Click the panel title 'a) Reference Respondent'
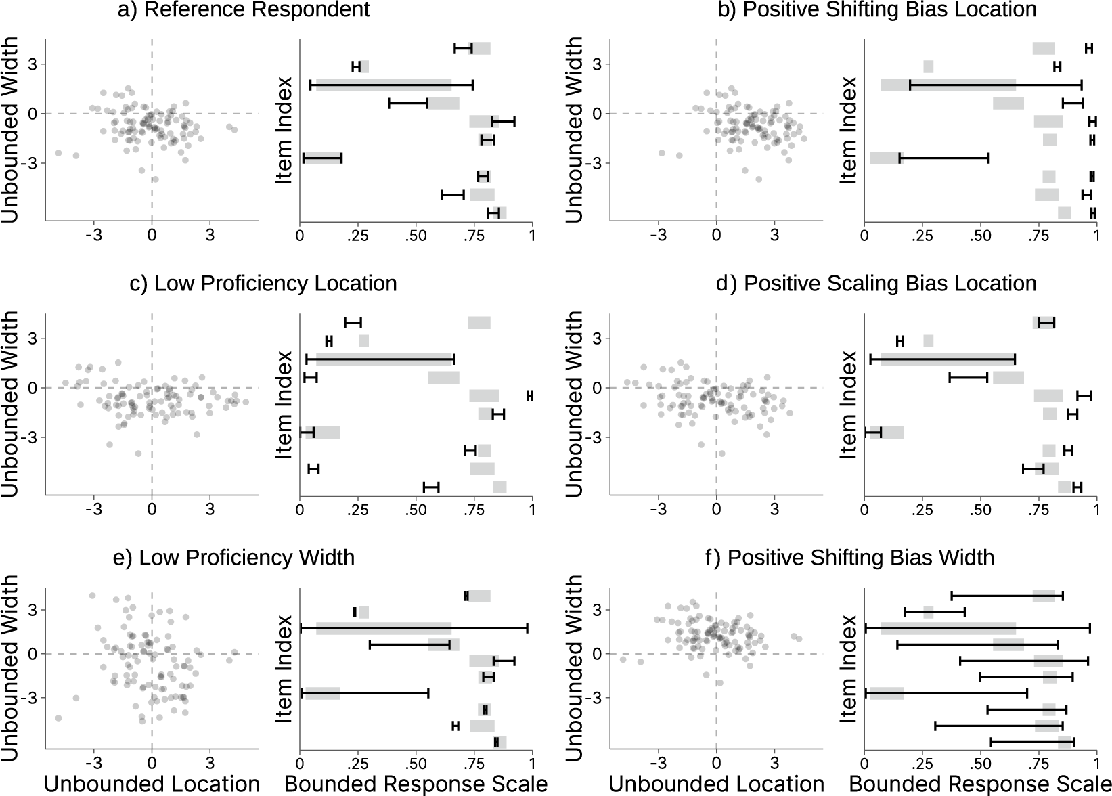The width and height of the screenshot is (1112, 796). (244, 9)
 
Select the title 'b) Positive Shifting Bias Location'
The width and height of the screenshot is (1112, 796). (877, 9)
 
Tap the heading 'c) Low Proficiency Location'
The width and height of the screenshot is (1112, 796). (263, 284)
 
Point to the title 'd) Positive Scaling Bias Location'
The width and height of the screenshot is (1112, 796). (876, 284)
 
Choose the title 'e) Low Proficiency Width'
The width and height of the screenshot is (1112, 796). (233, 558)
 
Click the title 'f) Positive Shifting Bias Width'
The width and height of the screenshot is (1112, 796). (850, 558)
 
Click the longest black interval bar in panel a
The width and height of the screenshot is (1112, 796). (391, 85)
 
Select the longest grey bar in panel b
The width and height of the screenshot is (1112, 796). (948, 85)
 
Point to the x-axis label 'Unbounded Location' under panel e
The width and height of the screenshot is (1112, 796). (152, 784)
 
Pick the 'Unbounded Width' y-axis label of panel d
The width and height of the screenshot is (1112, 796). (575, 404)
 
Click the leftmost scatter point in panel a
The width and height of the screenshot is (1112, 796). (58, 153)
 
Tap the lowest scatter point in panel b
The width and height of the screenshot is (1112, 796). (759, 179)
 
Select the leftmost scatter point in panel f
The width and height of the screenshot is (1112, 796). (623, 659)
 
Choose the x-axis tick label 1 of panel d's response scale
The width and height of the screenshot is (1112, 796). (1096, 510)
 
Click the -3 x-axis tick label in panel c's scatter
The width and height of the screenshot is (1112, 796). (93, 510)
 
